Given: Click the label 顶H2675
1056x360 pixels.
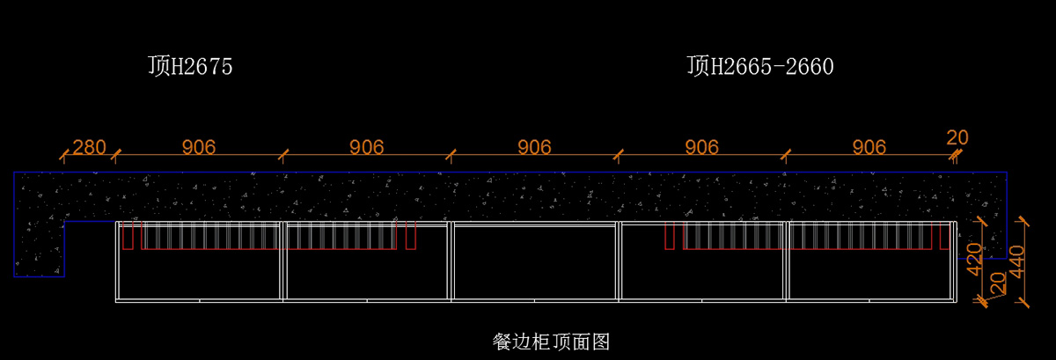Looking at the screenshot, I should pyautogui.click(x=191, y=67).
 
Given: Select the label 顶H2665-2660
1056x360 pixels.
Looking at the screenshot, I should pyautogui.click(x=759, y=67).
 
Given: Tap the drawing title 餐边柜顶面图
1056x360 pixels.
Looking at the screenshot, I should pyautogui.click(x=551, y=342).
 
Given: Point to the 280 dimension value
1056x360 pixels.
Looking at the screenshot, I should pyautogui.click(x=88, y=147).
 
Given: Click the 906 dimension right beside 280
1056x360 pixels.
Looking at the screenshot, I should pyautogui.click(x=199, y=147).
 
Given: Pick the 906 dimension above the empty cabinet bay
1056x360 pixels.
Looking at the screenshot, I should pyautogui.click(x=534, y=147).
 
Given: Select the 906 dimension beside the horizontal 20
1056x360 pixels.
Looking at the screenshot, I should pyautogui.click(x=869, y=147).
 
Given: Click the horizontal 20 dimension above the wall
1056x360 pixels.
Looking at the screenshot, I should pyautogui.click(x=957, y=137).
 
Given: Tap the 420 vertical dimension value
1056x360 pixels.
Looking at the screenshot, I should pyautogui.click(x=974, y=261).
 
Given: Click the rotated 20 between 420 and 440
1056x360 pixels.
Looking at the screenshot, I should pyautogui.click(x=998, y=283).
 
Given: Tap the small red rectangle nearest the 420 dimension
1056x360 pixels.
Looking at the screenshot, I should pyautogui.click(x=945, y=236).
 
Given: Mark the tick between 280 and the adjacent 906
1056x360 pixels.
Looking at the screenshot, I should pyautogui.click(x=115, y=156).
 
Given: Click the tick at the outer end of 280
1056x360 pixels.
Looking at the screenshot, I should pyautogui.click(x=63, y=156).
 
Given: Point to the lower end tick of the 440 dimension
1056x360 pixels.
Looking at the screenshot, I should pyautogui.click(x=1023, y=303).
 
